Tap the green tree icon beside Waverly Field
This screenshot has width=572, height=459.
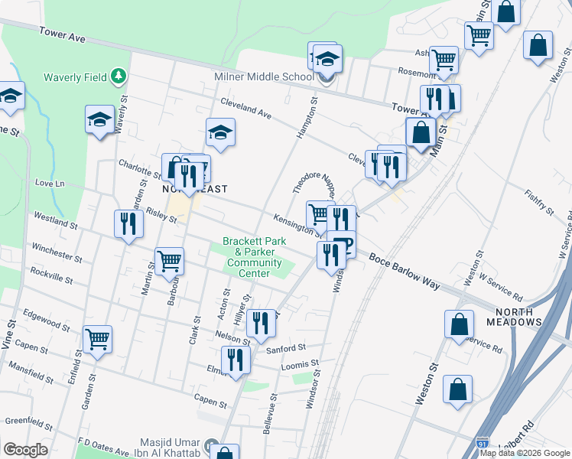[x=118, y=76]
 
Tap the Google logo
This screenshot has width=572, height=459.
[x=25, y=450]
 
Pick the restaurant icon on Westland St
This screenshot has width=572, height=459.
[x=128, y=223]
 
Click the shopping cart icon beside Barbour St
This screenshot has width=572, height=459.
[x=169, y=261]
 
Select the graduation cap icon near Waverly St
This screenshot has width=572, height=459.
[x=99, y=119]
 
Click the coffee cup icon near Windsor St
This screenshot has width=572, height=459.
[x=344, y=244]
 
